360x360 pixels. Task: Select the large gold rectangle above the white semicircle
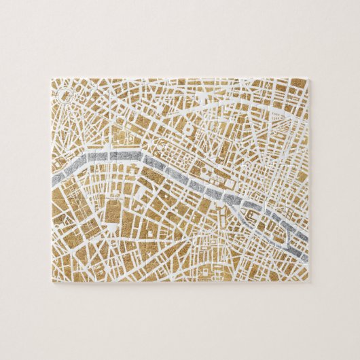coord(113,211)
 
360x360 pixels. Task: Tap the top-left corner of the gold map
coord(52,79)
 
